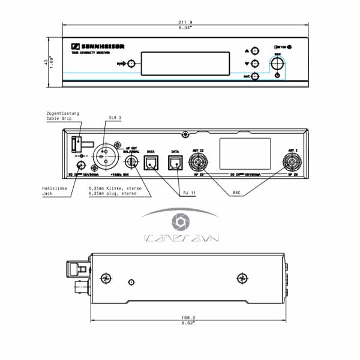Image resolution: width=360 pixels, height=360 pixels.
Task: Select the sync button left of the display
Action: click(x=131, y=63)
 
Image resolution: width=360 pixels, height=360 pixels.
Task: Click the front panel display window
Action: click(x=186, y=63)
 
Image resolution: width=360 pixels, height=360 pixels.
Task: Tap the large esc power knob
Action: click(x=278, y=62)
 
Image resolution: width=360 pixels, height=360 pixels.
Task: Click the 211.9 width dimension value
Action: click(x=185, y=22)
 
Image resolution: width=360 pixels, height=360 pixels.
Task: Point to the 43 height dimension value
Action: click(x=46, y=62)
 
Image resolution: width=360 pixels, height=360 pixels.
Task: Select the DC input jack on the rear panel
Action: click(x=79, y=166)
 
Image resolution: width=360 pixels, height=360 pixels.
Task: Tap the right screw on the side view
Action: click(x=241, y=277)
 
